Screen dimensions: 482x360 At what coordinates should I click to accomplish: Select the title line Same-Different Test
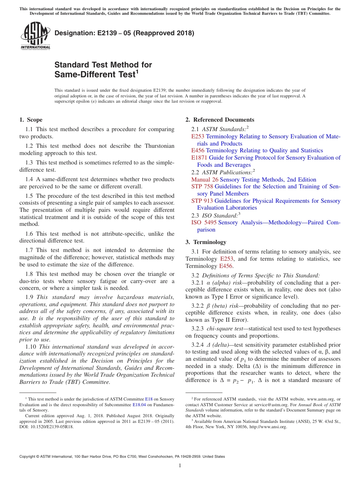pos(95,75)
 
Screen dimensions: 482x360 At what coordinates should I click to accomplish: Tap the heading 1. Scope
pos(31,120)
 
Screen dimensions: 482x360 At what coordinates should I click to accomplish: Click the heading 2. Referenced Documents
pos(220,120)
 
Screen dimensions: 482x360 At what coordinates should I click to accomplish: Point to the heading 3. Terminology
pos(210,242)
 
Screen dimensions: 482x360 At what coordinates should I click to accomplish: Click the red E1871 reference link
pos(199,158)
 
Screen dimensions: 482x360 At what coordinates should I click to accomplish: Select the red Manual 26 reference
pos(205,180)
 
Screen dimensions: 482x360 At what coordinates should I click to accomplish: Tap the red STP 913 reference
pos(202,201)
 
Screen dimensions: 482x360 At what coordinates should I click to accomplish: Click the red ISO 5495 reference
pos(204,222)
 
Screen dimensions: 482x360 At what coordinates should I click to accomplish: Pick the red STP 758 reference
pos(202,186)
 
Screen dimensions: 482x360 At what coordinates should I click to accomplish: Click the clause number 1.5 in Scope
pos(29,196)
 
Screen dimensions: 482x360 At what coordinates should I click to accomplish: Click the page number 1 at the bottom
pos(180,465)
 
